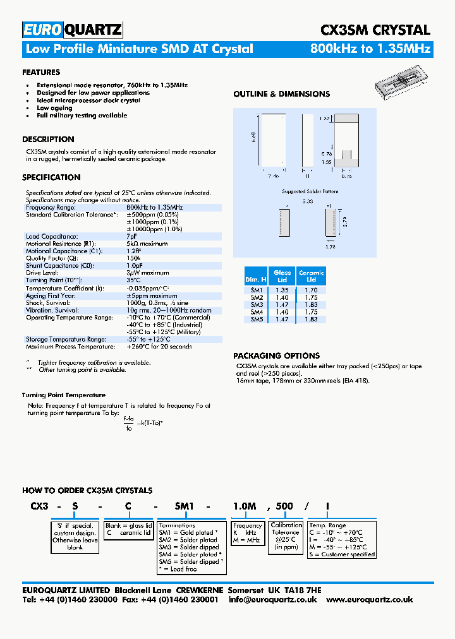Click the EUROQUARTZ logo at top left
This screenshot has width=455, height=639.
(x=72, y=30)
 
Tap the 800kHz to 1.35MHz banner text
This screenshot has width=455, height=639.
(x=370, y=49)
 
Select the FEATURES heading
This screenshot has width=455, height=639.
(x=41, y=73)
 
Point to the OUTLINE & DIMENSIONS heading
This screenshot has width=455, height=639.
(x=281, y=94)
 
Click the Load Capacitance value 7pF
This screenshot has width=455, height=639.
(x=132, y=236)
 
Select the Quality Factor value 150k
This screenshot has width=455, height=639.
(x=133, y=258)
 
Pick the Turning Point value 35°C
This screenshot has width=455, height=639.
(x=133, y=280)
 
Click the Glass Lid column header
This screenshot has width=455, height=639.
(x=282, y=276)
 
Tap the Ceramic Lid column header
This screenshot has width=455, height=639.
(x=311, y=276)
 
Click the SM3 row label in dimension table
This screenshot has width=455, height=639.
(x=257, y=304)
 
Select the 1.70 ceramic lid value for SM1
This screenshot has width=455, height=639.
(x=311, y=290)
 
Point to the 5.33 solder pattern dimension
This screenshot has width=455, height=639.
(x=308, y=201)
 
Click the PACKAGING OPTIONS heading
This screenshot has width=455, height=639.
(x=276, y=355)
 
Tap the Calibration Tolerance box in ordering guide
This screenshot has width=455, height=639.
(x=286, y=535)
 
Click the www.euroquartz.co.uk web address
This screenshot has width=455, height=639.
(x=370, y=599)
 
